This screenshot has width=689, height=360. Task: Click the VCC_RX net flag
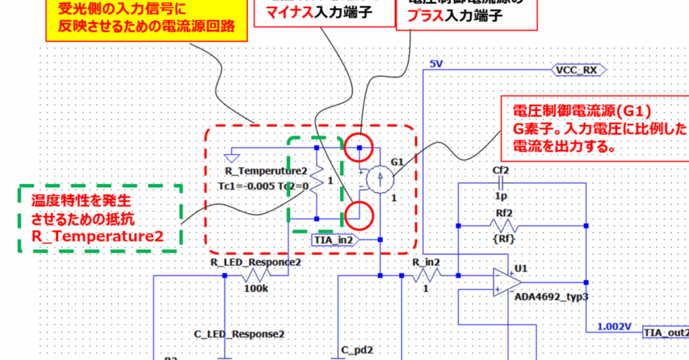(x=579, y=69)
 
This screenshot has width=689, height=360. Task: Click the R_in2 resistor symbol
(x=428, y=275)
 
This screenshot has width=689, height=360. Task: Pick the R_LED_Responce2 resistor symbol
(x=256, y=275)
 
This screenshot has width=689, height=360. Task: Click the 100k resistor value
(x=255, y=288)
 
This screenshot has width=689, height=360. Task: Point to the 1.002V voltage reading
(x=614, y=327)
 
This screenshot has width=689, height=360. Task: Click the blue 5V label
(x=436, y=64)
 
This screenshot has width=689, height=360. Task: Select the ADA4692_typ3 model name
(x=546, y=296)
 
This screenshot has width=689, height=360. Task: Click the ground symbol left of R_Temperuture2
(x=231, y=156)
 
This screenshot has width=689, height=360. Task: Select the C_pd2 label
(x=357, y=350)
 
